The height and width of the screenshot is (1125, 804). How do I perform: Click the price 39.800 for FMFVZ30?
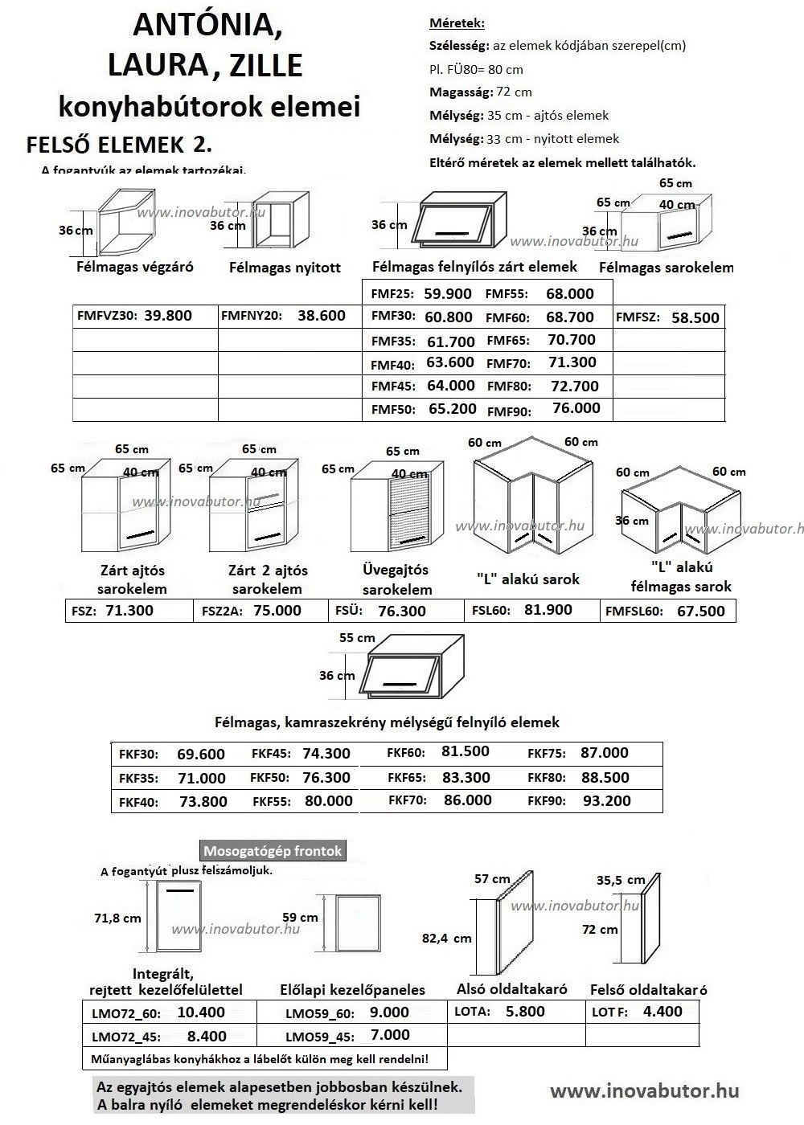tap(168, 315)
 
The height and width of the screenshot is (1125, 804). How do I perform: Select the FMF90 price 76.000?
tap(576, 408)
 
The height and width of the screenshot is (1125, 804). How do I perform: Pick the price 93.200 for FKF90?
tap(606, 801)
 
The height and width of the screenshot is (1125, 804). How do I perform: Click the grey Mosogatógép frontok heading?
tap(273, 851)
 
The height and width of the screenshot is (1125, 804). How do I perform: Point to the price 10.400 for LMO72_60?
tap(201, 1012)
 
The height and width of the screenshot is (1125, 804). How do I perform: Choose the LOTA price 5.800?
tap(525, 1012)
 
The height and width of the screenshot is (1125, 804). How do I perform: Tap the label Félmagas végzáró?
tap(135, 266)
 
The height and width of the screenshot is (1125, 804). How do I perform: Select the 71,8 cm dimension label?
tap(117, 918)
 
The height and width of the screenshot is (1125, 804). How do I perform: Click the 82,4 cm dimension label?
tap(446, 938)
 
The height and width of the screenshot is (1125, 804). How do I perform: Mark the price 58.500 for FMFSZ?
tap(695, 317)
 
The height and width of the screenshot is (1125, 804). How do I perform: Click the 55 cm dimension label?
tap(357, 638)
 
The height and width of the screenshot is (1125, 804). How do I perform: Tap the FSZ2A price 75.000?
tap(277, 611)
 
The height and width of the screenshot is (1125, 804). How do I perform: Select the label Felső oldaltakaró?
tap(648, 990)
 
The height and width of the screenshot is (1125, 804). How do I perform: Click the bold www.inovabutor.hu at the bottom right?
tap(644, 1090)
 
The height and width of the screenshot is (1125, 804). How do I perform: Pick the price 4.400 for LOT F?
tap(662, 1012)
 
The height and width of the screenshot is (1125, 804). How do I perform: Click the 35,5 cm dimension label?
tap(621, 880)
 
